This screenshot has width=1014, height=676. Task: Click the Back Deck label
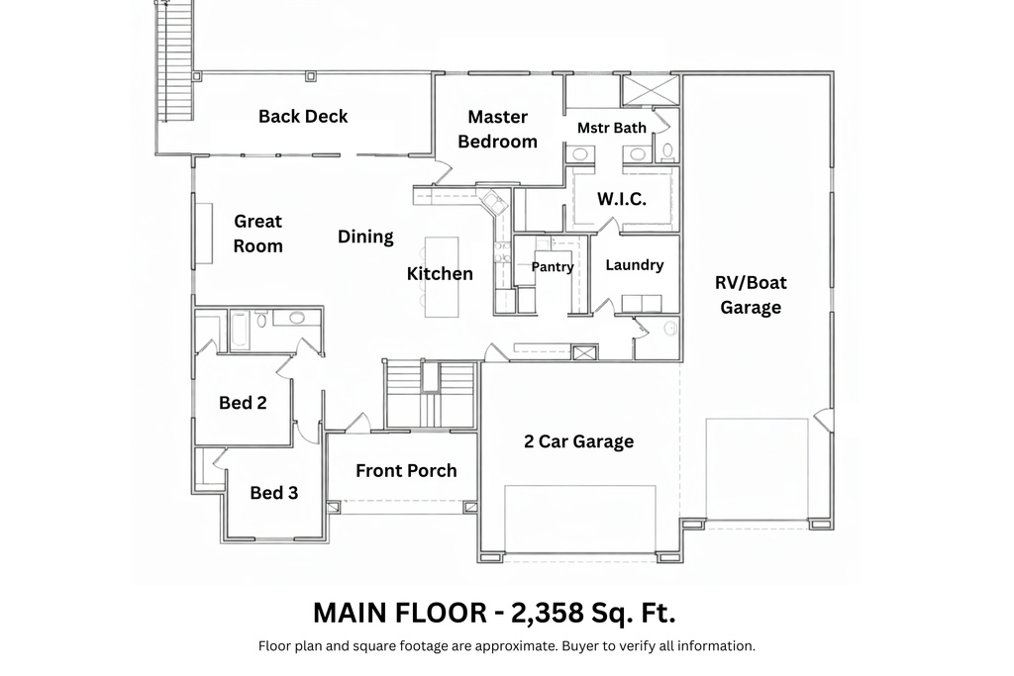(303, 116)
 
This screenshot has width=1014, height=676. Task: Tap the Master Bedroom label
(497, 129)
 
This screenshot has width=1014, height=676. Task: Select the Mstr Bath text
(612, 128)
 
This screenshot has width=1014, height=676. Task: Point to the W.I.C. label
(622, 199)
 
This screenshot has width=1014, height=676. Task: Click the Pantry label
(553, 266)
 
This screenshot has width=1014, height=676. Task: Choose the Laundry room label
(634, 265)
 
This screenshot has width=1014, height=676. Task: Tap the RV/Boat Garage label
(751, 295)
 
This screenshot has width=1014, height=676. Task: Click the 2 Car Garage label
(578, 441)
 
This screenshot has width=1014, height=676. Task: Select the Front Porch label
(406, 470)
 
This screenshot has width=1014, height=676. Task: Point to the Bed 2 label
(243, 403)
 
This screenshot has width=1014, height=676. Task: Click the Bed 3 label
(273, 492)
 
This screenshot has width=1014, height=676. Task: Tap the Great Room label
(257, 234)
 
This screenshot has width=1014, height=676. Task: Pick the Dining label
(365, 237)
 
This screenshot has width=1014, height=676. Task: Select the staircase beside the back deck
(174, 59)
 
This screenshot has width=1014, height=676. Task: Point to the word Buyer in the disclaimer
(583, 646)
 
